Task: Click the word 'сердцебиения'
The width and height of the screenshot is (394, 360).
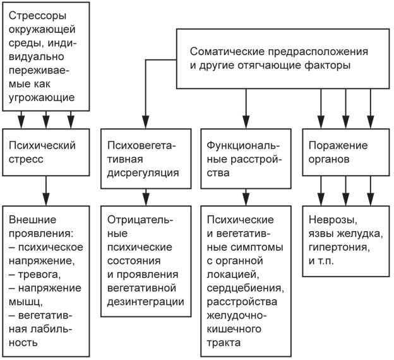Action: pyautogui.click(x=241, y=288)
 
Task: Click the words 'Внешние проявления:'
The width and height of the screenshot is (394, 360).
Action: pyautogui.click(x=42, y=227)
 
